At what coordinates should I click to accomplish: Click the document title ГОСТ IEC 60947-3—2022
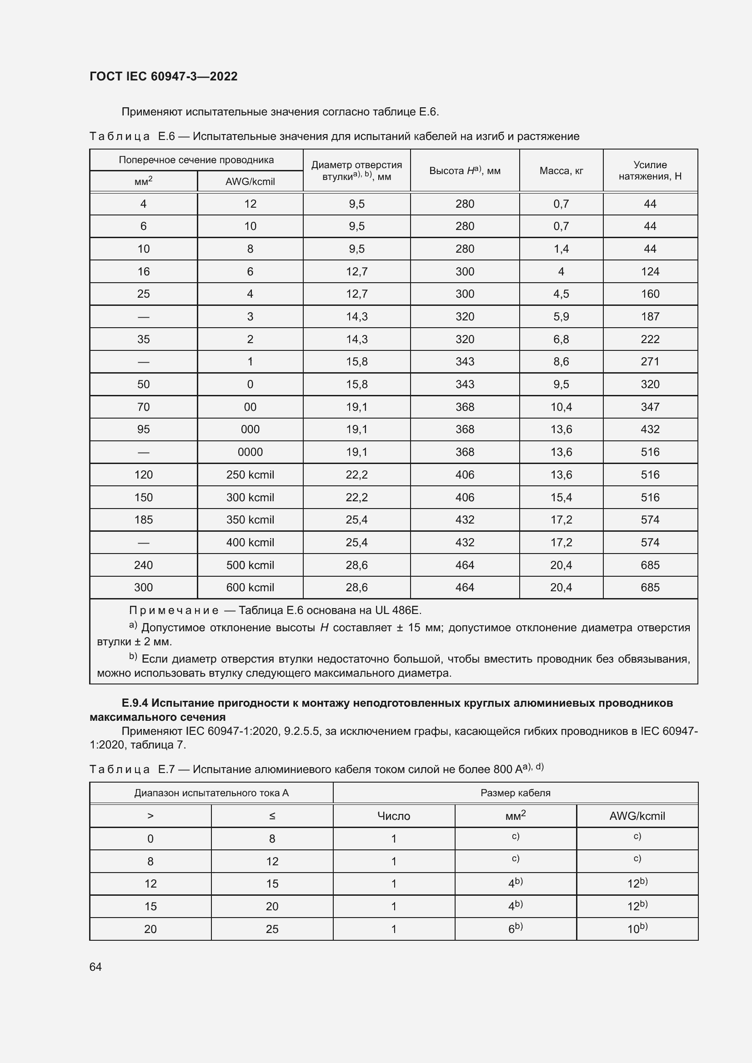point(164,76)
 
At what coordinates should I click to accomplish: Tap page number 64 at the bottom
point(95,967)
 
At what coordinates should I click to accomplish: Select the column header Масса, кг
point(561,171)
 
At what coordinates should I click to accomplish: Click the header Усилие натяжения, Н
point(650,170)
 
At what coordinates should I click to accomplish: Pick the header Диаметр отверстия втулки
point(356,170)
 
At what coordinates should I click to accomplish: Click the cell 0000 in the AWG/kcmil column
point(250,452)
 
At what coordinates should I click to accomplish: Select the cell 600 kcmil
point(250,588)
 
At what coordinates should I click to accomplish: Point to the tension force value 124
point(650,272)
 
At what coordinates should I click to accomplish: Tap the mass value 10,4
point(561,407)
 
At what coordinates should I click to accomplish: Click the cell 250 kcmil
point(250,475)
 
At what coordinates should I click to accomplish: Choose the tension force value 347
point(650,407)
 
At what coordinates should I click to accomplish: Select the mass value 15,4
point(561,497)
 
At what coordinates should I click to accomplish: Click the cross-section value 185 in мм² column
point(144,520)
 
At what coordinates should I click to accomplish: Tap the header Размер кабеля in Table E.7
point(515,793)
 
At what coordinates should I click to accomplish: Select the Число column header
point(394,816)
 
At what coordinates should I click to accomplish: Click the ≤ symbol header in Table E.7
point(272,816)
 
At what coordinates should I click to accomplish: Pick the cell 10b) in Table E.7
point(637,929)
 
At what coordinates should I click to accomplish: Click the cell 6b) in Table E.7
point(515,929)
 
